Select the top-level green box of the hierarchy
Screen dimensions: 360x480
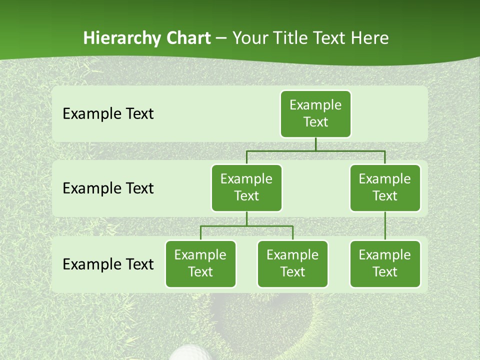tap(315, 113)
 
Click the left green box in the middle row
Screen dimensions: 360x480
tap(246, 187)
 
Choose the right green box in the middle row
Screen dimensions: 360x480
tap(385, 187)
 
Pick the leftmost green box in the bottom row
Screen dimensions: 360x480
tap(200, 263)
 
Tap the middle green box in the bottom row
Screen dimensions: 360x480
tap(292, 263)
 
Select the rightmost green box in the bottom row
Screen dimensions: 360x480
tap(385, 263)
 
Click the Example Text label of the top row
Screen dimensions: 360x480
tap(108, 114)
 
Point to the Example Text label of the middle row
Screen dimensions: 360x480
tap(108, 188)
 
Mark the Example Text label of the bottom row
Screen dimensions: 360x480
tap(108, 264)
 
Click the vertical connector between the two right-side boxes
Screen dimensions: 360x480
tap(385, 226)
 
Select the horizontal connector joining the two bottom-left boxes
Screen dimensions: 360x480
tap(246, 226)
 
